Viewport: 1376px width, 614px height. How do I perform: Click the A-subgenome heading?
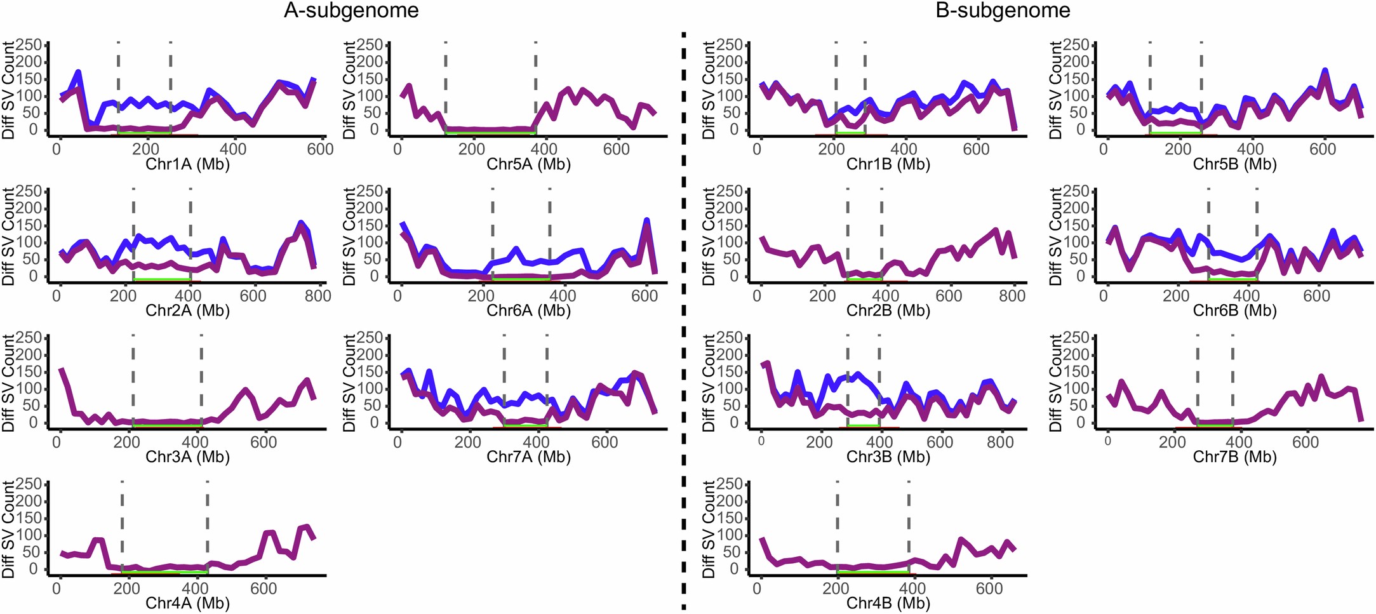pyautogui.click(x=351, y=11)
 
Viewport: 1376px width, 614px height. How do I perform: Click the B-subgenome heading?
pyautogui.click(x=1003, y=11)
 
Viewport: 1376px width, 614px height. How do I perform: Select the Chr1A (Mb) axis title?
pyautogui.click(x=187, y=164)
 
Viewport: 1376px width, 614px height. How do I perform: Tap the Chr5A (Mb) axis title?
pyautogui.click(x=528, y=164)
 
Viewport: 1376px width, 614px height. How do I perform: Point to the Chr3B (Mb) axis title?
pyautogui.click(x=888, y=457)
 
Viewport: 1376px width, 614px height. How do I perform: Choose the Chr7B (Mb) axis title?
pyautogui.click(x=1234, y=457)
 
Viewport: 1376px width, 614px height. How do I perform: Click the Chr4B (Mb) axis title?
pyautogui.click(x=888, y=603)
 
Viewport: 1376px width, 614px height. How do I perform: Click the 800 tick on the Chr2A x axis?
pyautogui.click(x=317, y=296)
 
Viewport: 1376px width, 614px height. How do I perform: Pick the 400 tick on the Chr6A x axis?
pyautogui.click(x=563, y=296)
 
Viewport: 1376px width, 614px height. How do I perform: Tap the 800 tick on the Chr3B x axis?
pyautogui.click(x=1000, y=443)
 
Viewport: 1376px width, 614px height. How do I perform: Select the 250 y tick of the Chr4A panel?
pyautogui.click(x=29, y=484)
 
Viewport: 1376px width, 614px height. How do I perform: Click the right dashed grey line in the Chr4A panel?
pyautogui.click(x=208, y=527)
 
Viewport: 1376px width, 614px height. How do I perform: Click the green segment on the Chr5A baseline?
pyautogui.click(x=490, y=133)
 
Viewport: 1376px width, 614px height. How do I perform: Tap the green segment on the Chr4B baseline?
pyautogui.click(x=872, y=572)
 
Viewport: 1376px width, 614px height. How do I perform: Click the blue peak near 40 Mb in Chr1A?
pyautogui.click(x=78, y=72)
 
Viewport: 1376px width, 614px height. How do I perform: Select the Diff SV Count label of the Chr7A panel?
pyautogui.click(x=349, y=384)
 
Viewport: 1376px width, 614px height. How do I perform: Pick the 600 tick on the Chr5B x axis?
pyautogui.click(x=1323, y=149)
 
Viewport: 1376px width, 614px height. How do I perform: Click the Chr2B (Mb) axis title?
pyautogui.click(x=888, y=310)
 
